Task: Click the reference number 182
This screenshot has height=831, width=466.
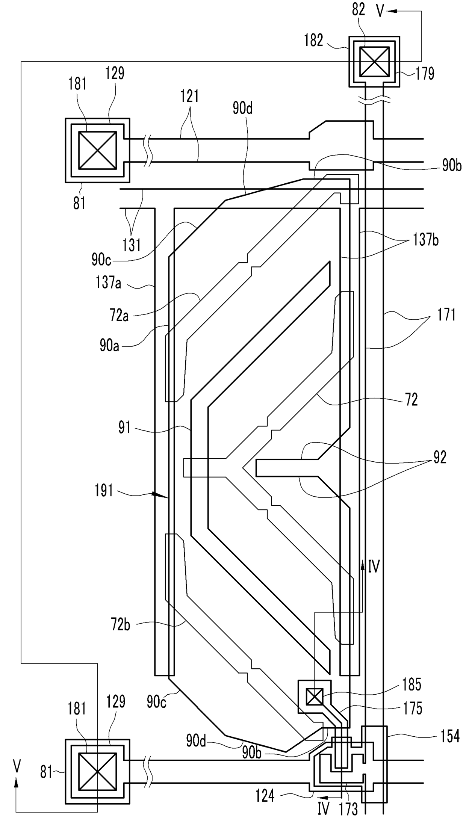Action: click(314, 41)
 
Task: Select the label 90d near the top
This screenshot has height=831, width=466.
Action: click(242, 109)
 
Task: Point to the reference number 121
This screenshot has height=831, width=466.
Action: click(189, 97)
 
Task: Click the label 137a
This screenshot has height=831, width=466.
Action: click(108, 282)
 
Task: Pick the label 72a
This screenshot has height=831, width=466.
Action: click(120, 316)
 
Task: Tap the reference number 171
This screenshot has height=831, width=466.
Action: click(446, 314)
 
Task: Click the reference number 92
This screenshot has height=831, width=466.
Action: click(439, 458)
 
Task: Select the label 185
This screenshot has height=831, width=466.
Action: click(412, 685)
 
